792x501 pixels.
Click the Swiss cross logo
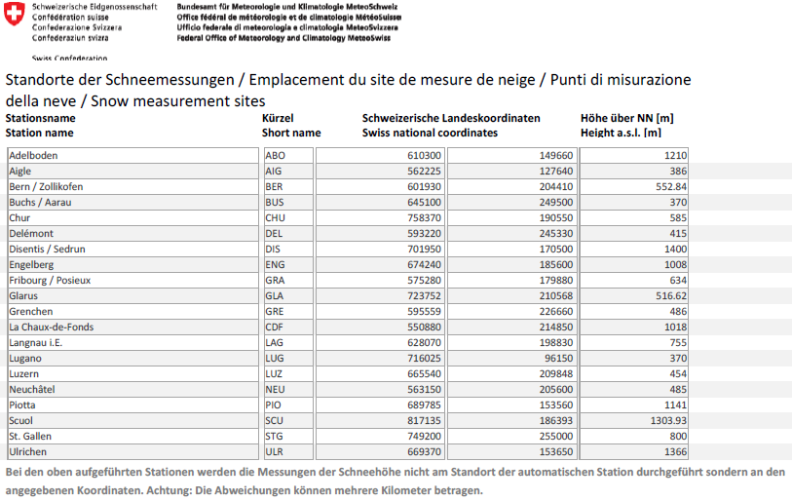[15, 15]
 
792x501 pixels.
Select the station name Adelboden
[34, 156]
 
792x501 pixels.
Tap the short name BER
[275, 187]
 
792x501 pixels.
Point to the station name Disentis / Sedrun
[47, 250]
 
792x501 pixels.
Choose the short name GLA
[275, 296]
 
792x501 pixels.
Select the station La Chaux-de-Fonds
[51, 328]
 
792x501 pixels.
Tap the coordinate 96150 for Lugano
[557, 359]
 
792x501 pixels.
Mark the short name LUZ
[275, 374]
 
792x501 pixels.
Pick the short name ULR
[275, 452]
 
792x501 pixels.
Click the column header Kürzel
[278, 118]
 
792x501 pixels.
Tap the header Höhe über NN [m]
[627, 118]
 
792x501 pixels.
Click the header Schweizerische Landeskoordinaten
[451, 118]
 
